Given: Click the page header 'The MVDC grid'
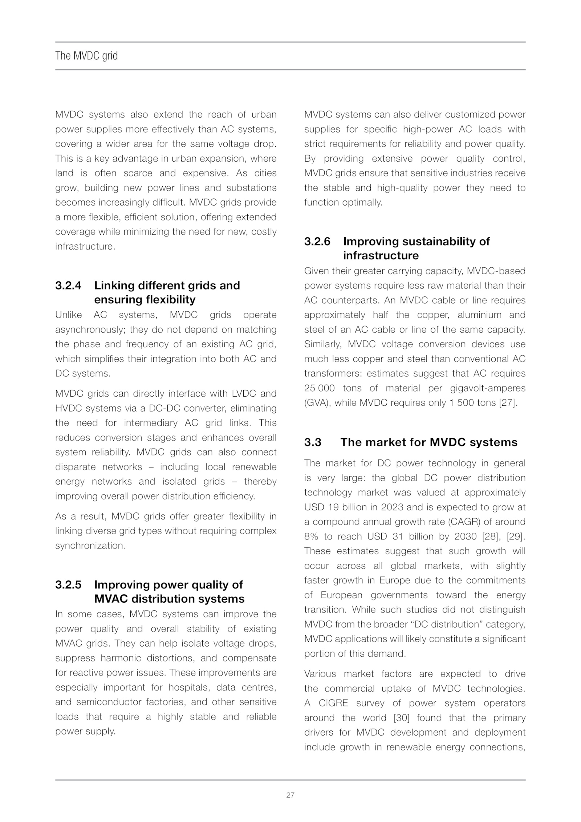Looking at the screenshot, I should pyautogui.click(x=86, y=56).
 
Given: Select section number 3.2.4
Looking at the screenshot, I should pyautogui.click(x=68, y=286).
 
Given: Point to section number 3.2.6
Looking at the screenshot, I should pyautogui.click(x=317, y=242).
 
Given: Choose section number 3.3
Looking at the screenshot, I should pyautogui.click(x=313, y=442).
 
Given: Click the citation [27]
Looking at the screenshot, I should pyautogui.click(x=507, y=403).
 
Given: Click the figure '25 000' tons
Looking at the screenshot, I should pyautogui.click(x=320, y=388).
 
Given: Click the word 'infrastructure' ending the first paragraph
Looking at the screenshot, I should pyautogui.click(x=85, y=247).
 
